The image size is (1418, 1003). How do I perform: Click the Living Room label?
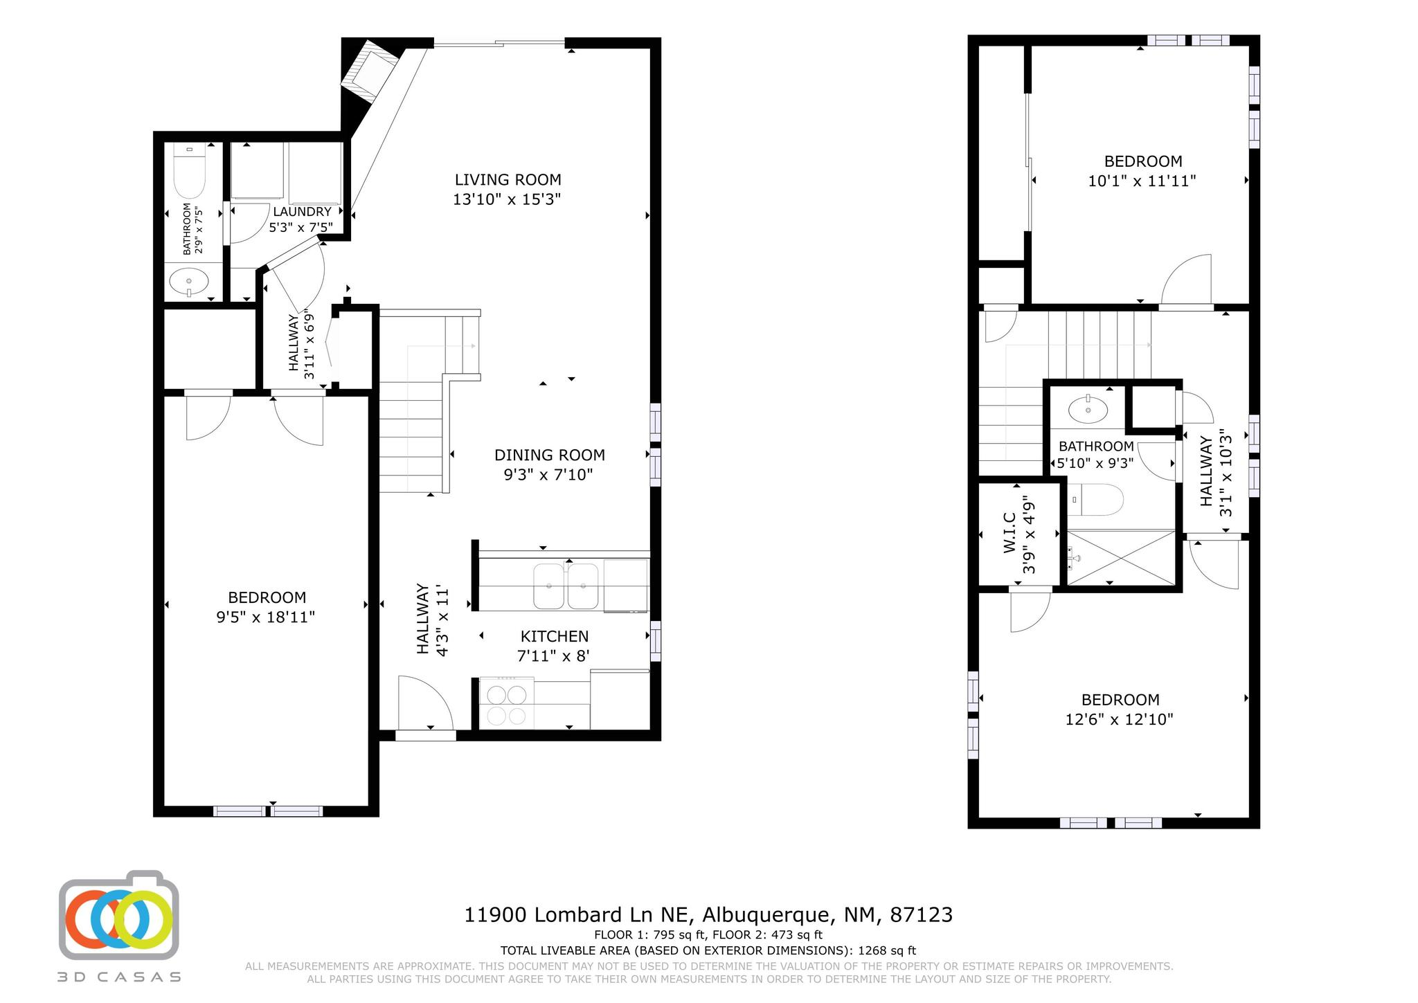[508, 180]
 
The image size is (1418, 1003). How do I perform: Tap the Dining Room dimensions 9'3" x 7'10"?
[548, 475]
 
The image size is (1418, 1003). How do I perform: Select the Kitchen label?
[555, 636]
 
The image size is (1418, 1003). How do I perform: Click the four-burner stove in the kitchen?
[507, 703]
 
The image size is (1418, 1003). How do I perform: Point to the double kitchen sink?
[566, 586]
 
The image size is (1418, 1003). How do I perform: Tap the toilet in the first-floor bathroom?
[190, 170]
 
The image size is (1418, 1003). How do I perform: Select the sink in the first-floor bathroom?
[188, 282]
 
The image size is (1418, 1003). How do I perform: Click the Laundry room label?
[302, 212]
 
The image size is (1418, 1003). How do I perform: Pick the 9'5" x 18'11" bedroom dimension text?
[266, 617]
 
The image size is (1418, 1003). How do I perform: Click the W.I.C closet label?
[1009, 532]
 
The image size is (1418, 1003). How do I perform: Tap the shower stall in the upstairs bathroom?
[1121, 558]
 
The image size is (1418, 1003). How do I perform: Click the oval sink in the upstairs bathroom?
[1088, 410]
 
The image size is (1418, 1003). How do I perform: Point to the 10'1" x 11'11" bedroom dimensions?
[1142, 181]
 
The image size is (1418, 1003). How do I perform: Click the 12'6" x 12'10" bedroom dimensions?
[1120, 720]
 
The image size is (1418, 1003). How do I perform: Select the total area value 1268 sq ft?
[887, 950]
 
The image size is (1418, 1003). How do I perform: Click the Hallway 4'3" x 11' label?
[433, 621]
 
